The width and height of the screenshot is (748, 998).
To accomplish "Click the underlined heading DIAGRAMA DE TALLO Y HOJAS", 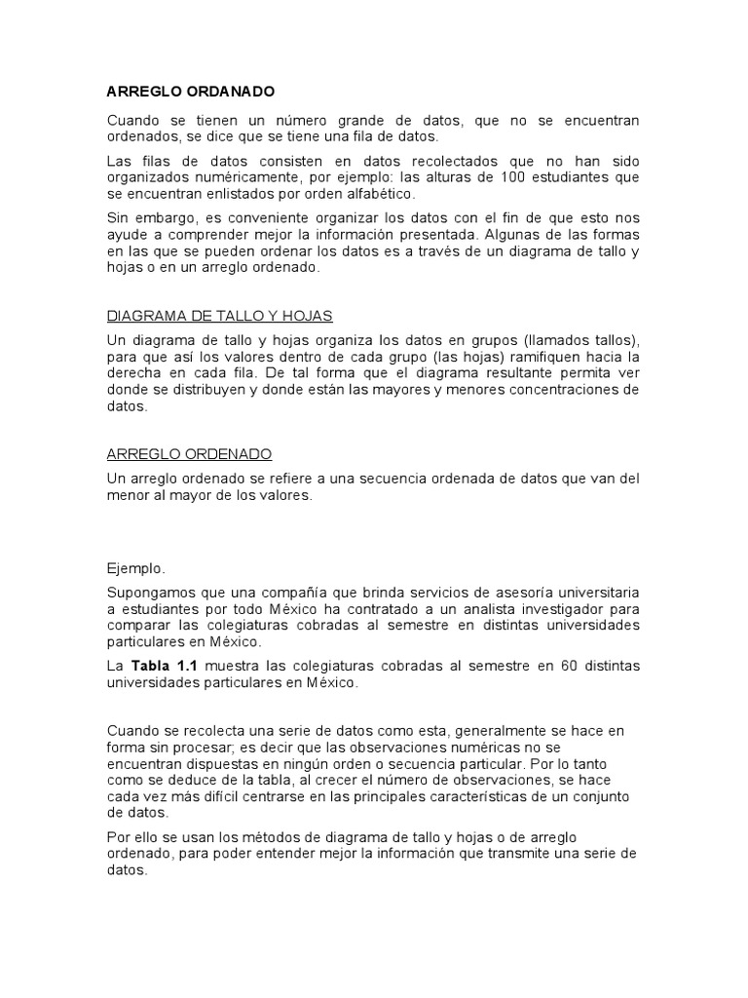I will pos(219,316).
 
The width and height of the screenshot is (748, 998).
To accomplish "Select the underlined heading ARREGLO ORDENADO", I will pos(189,454).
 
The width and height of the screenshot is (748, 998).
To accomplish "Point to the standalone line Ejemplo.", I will pos(135,567).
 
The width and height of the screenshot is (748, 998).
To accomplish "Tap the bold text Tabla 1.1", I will pos(159,665).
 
